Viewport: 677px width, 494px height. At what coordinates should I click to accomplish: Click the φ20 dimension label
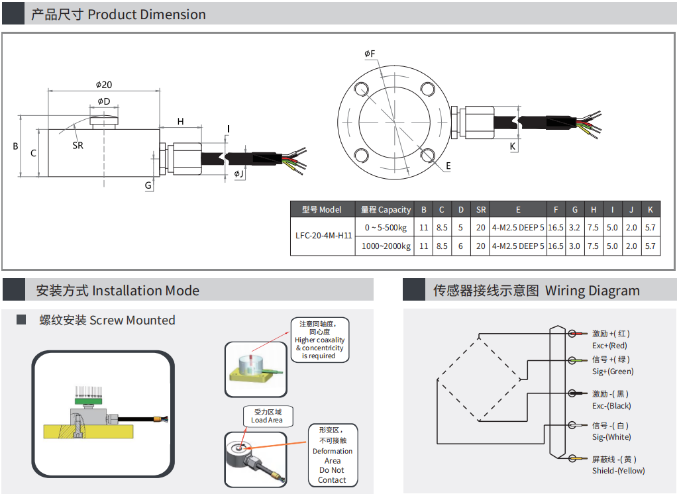pyautogui.click(x=103, y=84)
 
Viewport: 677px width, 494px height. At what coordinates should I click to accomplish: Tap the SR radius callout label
pyautogui.click(x=78, y=145)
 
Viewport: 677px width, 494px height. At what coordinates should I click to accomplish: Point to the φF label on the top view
pyautogui.click(x=370, y=53)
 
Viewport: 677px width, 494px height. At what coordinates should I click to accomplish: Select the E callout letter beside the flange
pyautogui.click(x=448, y=166)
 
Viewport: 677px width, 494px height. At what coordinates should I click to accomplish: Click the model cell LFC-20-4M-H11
pyautogui.click(x=323, y=235)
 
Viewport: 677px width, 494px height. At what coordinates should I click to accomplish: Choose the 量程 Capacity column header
pyautogui.click(x=386, y=209)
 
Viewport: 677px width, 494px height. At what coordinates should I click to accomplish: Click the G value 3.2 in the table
pyautogui.click(x=574, y=227)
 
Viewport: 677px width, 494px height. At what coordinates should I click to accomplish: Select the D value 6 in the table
pyautogui.click(x=460, y=246)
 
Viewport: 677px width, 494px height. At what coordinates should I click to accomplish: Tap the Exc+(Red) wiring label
pyautogui.click(x=609, y=345)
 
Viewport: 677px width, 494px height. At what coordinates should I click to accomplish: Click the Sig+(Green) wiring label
pyautogui.click(x=613, y=371)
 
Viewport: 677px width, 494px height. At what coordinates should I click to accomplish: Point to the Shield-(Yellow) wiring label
pyautogui.click(x=618, y=471)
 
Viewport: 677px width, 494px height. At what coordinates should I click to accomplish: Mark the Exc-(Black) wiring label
pyautogui.click(x=611, y=405)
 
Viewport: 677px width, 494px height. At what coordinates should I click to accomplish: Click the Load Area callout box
pyautogui.click(x=266, y=415)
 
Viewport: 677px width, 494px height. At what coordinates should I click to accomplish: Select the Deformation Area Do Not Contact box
pyautogui.click(x=333, y=456)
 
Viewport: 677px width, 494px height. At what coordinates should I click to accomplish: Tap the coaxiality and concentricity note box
pyautogui.click(x=319, y=340)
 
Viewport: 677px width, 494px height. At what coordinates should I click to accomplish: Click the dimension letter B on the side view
pyautogui.click(x=15, y=146)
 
